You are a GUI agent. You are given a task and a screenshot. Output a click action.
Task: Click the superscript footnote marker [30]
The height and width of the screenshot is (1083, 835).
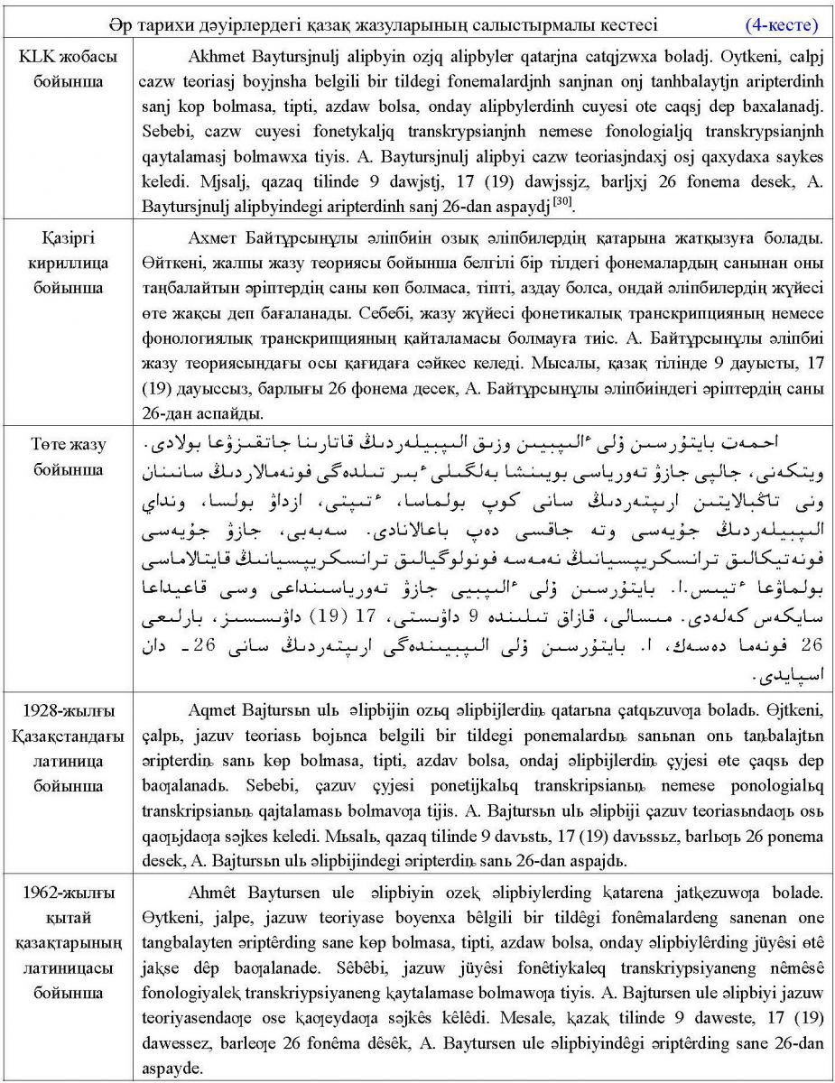pyautogui.click(x=562, y=202)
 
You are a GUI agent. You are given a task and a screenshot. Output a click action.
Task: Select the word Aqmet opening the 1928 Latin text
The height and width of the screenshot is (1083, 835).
pyautogui.click(x=212, y=709)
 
